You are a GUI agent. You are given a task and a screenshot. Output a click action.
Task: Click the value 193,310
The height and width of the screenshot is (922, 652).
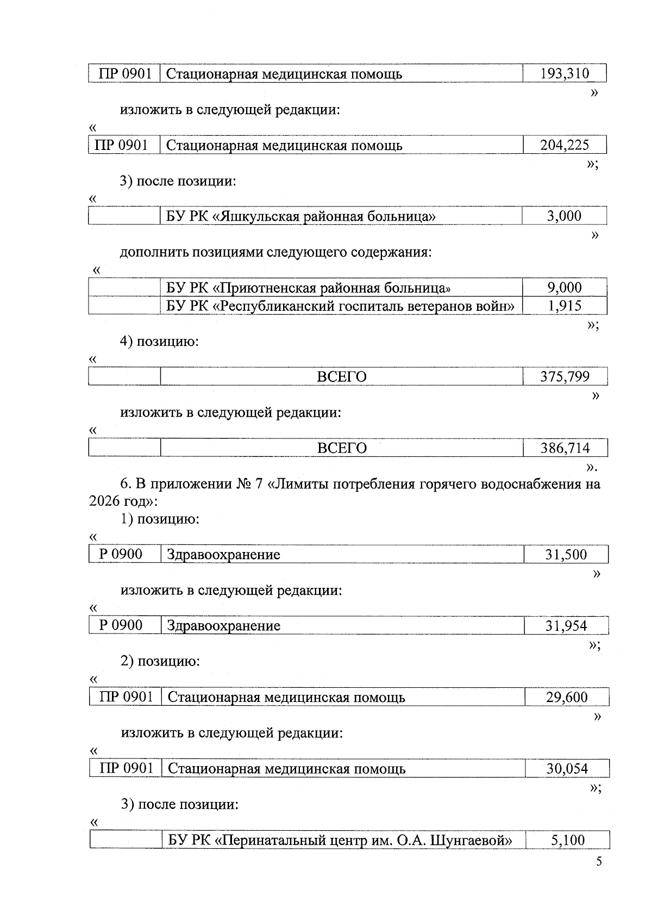(x=565, y=74)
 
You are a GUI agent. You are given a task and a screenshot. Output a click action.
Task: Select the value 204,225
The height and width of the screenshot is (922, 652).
(x=565, y=145)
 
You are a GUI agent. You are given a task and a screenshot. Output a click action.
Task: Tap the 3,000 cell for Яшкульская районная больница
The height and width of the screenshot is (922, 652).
(x=565, y=216)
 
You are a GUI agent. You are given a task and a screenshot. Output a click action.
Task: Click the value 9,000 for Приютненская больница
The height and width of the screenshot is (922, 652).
(x=565, y=287)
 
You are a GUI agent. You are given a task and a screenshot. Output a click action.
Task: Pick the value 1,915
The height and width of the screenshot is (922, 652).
(x=565, y=306)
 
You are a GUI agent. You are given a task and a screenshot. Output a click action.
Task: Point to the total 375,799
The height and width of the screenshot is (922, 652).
(x=565, y=377)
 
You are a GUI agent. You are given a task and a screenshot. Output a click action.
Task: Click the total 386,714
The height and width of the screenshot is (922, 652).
(x=565, y=448)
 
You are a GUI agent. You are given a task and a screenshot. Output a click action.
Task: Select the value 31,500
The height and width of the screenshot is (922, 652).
(x=566, y=555)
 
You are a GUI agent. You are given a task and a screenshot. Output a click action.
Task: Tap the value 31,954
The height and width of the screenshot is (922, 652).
(x=566, y=626)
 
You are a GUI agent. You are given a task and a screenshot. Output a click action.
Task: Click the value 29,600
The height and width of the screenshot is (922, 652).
(x=567, y=697)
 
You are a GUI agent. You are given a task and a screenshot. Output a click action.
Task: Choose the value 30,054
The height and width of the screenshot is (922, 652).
(x=567, y=769)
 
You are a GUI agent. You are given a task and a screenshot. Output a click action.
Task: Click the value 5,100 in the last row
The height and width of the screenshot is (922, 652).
(x=568, y=841)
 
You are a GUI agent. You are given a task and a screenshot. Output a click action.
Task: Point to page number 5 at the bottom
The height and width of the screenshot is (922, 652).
(x=599, y=862)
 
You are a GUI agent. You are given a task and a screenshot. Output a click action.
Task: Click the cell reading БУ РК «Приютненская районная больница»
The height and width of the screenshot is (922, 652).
(x=308, y=288)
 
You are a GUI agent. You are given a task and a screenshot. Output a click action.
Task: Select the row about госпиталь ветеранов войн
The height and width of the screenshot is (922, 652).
(x=340, y=306)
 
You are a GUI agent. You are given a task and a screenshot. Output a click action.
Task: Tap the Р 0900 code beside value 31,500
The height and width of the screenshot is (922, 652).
(x=121, y=554)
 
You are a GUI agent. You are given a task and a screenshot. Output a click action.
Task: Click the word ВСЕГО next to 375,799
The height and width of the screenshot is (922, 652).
(x=341, y=377)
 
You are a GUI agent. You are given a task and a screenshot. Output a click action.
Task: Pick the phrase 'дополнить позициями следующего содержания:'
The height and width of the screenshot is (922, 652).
(x=275, y=253)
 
